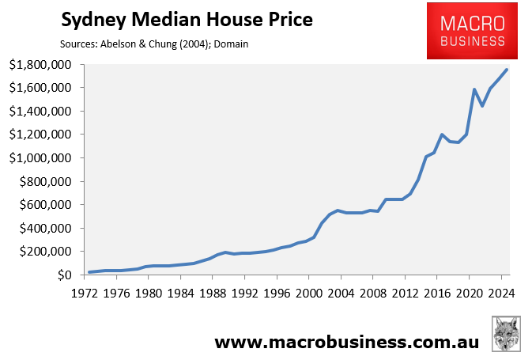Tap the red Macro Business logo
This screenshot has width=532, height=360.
click(466, 31)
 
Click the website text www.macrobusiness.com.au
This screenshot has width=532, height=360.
click(345, 342)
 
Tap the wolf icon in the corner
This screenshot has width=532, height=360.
click(506, 334)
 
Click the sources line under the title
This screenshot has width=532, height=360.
click(153, 44)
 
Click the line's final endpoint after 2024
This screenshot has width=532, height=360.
click(507, 70)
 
